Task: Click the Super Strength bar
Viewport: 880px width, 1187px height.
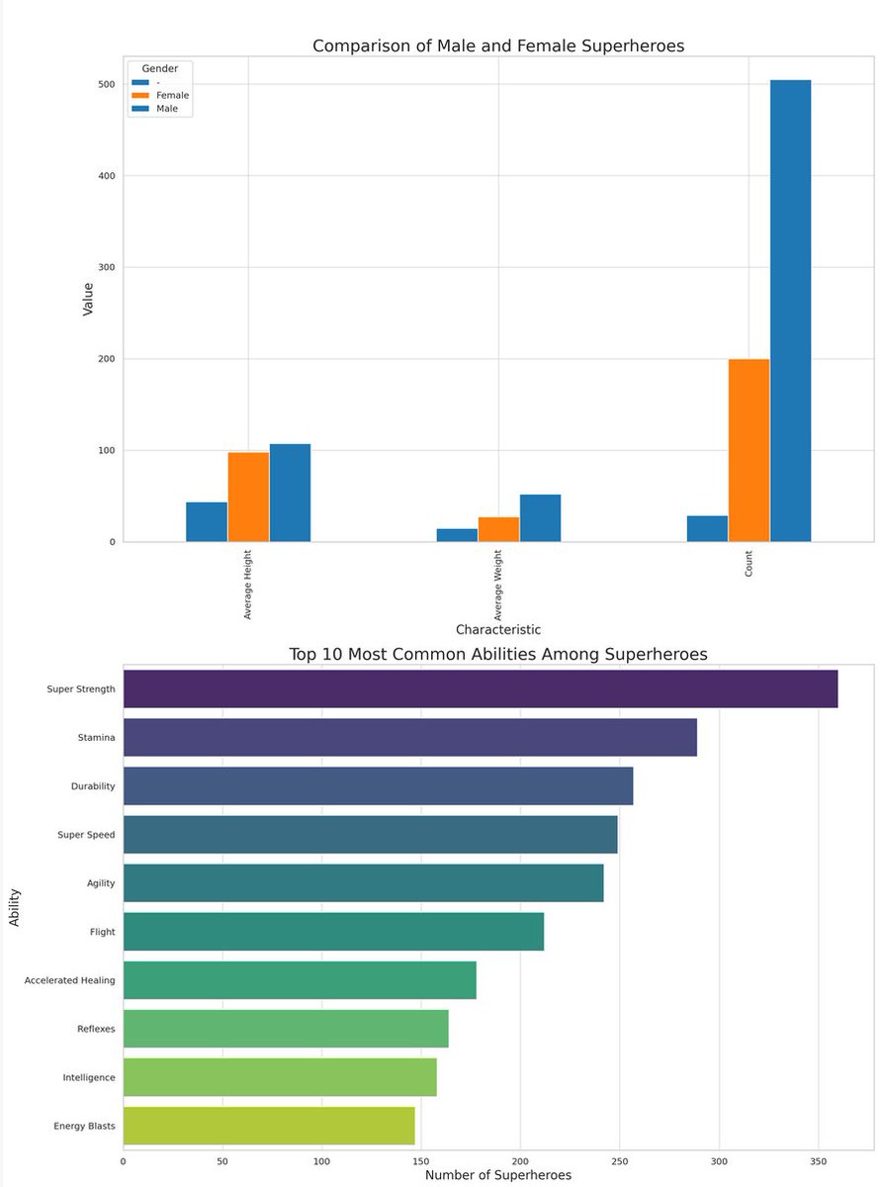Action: [480, 688]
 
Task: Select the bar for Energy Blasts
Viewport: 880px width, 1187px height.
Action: [268, 1126]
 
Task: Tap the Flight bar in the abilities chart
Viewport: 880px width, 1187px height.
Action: [332, 932]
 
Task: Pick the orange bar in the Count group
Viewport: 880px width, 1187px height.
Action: [748, 450]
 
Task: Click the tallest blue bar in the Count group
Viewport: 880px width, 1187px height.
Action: [790, 311]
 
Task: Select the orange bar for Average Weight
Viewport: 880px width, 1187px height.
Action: [498, 529]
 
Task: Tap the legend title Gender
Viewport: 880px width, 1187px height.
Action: [160, 67]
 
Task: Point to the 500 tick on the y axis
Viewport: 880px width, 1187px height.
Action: [105, 84]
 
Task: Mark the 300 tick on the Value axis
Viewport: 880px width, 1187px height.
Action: [105, 267]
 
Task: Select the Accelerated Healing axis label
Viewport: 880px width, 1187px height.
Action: [69, 980]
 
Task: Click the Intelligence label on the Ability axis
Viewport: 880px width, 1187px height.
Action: [89, 1077]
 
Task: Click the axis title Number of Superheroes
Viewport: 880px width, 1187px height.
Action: [497, 1175]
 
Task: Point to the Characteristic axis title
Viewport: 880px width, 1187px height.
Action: [497, 629]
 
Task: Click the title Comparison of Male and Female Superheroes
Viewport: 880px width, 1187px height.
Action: [497, 46]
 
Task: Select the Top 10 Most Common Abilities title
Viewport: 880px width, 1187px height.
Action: [497, 654]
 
